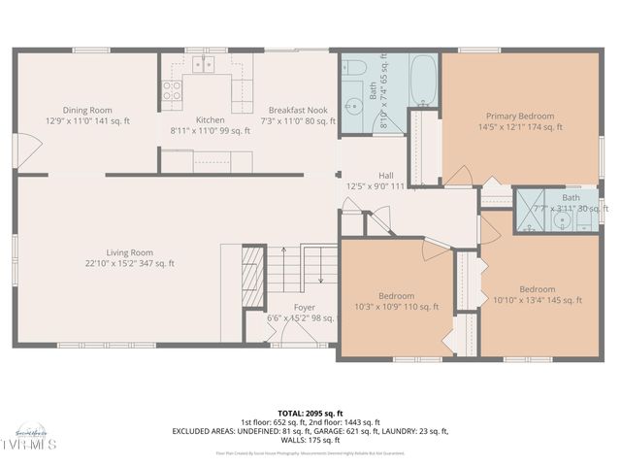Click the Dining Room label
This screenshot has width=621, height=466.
point(86,110)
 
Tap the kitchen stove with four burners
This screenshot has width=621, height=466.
point(172,92)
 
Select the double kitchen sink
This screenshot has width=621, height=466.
point(204,65)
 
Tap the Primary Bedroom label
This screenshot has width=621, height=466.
point(520,115)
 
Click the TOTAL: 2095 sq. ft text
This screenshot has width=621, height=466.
point(310,413)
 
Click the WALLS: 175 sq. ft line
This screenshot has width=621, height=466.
point(310,440)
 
